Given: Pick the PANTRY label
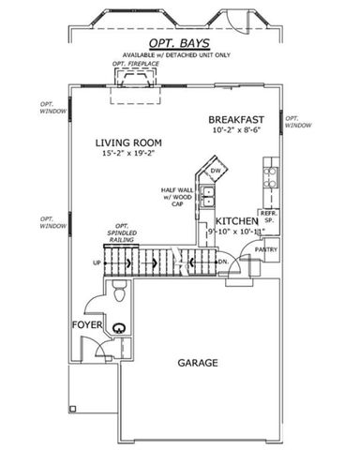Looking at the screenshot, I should tap(266, 250).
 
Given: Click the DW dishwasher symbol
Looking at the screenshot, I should tap(215, 171).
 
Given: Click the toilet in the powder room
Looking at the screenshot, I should tap(116, 296).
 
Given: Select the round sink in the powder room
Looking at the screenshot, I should tap(119, 328).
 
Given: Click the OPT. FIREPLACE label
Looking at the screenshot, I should tap(131, 64).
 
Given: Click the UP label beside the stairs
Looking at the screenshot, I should tap(97, 263).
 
